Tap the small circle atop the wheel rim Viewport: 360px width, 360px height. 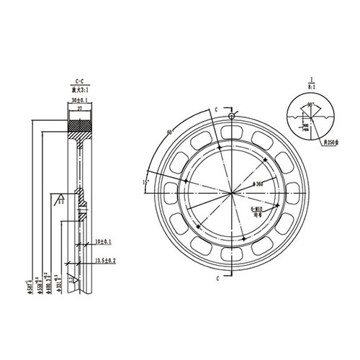(231, 116)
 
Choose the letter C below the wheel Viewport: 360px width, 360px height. (217, 275)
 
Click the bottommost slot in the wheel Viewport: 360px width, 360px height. (231, 256)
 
